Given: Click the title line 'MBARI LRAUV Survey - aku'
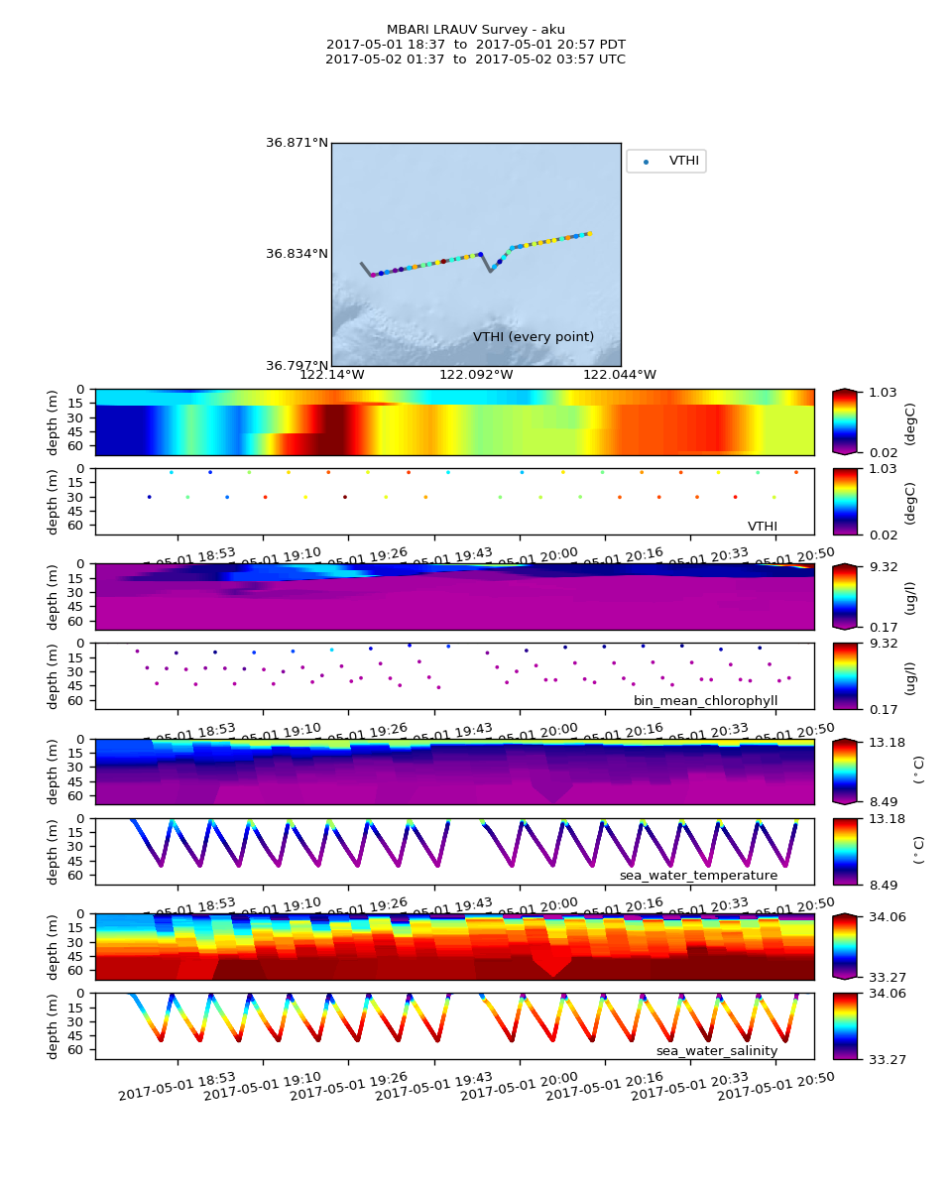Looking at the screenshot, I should click(x=476, y=30).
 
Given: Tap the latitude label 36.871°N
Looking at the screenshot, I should click(x=297, y=143).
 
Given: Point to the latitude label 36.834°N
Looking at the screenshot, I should click(x=297, y=254).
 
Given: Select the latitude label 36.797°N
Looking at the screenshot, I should click(x=297, y=366).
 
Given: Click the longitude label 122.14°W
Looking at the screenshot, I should click(x=331, y=375).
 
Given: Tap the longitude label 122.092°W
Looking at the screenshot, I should click(x=476, y=375).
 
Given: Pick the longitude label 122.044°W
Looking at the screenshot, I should click(x=619, y=375).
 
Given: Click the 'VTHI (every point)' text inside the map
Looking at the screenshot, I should click(x=534, y=337).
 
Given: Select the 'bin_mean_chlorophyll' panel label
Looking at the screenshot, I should click(x=705, y=701).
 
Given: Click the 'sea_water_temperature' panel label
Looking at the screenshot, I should click(x=698, y=876).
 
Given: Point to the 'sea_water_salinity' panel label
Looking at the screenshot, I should click(x=716, y=1050).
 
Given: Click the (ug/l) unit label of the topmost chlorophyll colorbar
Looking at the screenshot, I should click(x=909, y=597).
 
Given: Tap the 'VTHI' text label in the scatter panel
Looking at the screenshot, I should click(x=762, y=527).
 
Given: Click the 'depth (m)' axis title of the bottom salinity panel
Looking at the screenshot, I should click(x=54, y=1025).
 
